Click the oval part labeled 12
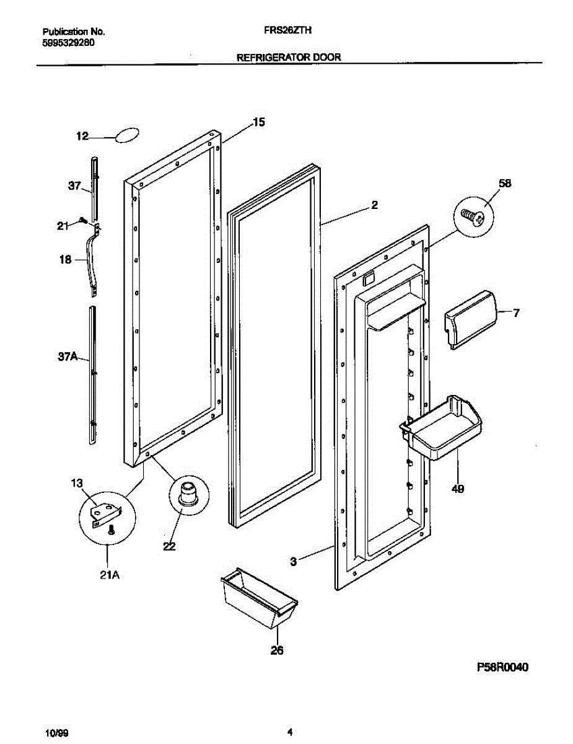126,136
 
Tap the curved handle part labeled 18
95,260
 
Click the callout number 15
259,123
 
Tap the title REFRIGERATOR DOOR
289,57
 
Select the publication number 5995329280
68,43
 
